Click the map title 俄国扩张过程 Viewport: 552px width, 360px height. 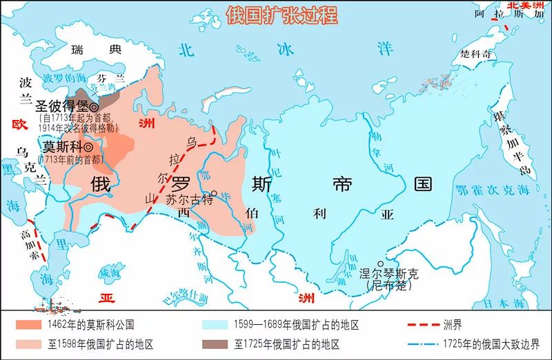pos(281,15)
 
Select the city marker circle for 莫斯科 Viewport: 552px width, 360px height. pos(89,147)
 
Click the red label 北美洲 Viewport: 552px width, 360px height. pos(529,6)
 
